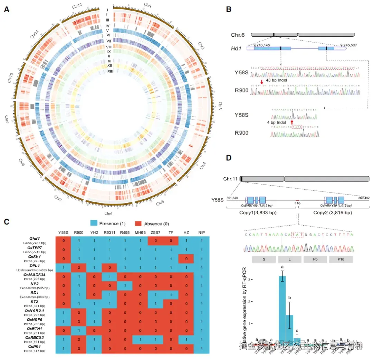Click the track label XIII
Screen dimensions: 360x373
click(110, 71)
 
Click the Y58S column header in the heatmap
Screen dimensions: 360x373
click(63, 232)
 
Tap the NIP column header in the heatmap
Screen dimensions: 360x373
click(202, 232)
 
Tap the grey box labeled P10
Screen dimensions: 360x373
click(341, 259)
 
